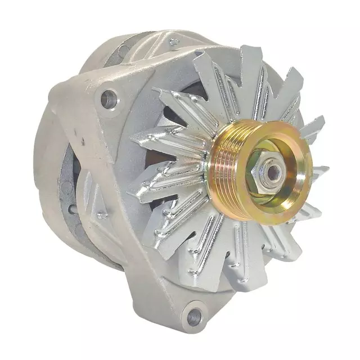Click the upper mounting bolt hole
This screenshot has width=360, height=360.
[x=109, y=100]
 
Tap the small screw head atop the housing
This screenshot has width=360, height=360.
[x=173, y=41]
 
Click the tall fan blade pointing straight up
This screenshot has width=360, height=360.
[x=247, y=73]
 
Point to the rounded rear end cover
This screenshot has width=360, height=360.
[x=48, y=169]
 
